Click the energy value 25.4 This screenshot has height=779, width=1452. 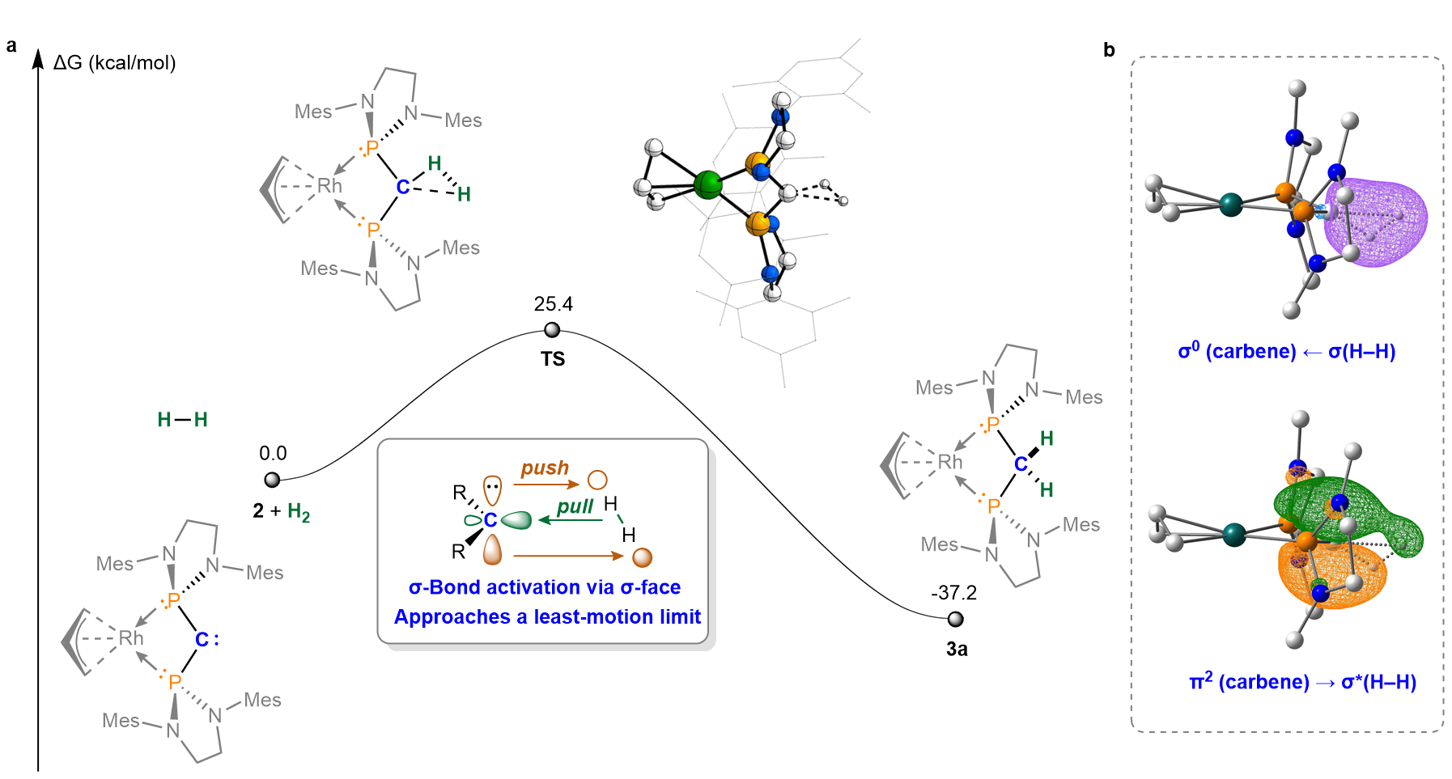coord(553,304)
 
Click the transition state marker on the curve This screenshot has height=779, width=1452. coord(552,329)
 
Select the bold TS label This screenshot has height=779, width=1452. coord(553,359)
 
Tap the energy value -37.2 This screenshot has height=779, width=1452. coord(953,593)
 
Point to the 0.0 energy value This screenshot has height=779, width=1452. coord(273,453)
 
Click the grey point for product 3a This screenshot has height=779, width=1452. coord(956,619)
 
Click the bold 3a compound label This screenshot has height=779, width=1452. coord(957,649)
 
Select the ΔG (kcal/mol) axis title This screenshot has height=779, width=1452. coord(114,63)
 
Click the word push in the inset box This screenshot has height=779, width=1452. coord(545,468)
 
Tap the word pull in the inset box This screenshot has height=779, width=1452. coord(575,507)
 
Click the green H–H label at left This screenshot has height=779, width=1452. coord(182,420)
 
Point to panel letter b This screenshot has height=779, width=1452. coord(1109,50)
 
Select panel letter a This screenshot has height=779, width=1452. coord(11,46)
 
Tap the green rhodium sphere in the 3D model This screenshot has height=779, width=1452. coord(708,184)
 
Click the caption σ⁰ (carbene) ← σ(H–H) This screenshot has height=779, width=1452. coord(1286,351)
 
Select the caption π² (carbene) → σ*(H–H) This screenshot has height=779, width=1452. coord(1302,681)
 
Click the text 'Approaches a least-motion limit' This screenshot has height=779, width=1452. coord(547,617)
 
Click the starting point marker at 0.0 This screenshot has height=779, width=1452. coord(272,480)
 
